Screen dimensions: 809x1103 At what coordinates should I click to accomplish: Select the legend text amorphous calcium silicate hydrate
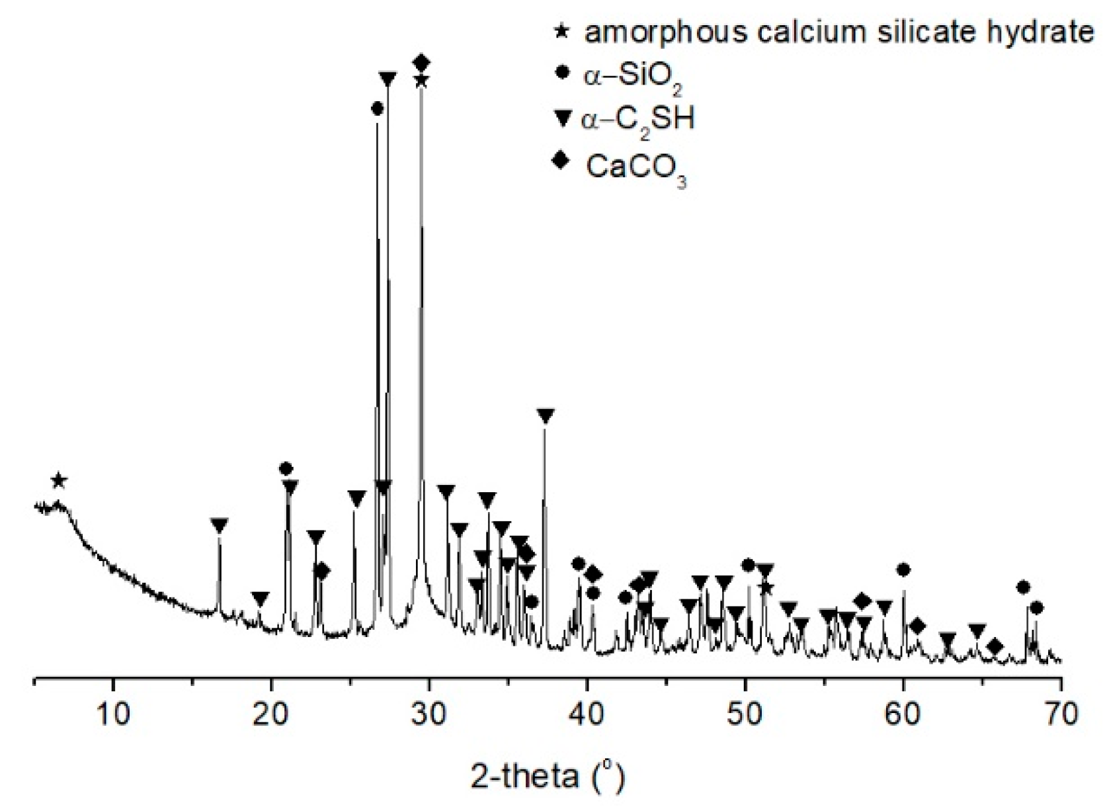click(x=838, y=32)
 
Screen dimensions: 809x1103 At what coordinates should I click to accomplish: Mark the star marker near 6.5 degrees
click(x=59, y=480)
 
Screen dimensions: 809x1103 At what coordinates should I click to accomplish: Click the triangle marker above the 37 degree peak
click(x=545, y=415)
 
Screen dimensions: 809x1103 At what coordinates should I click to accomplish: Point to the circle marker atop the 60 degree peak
click(x=903, y=570)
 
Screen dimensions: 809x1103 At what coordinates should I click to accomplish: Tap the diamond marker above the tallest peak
click(x=421, y=63)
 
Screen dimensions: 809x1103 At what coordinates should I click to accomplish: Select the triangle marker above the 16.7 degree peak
click(x=219, y=525)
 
